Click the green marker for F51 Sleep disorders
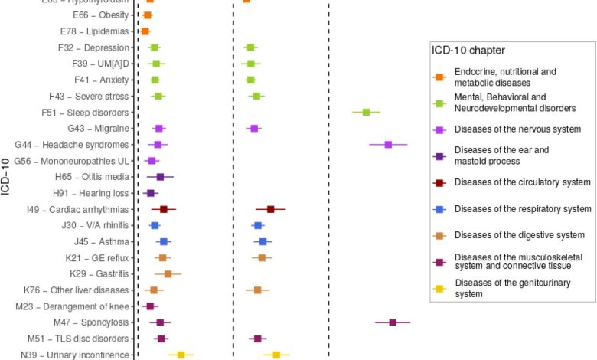(366, 113)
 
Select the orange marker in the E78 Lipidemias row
(145, 31)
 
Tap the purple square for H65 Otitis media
(160, 177)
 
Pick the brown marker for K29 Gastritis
(168, 273)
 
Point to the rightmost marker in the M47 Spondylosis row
(393, 322)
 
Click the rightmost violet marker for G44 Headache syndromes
(388, 145)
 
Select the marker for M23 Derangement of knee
(150, 306)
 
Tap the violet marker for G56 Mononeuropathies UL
(152, 161)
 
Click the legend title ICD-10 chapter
(467, 51)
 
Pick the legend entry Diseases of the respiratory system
(523, 208)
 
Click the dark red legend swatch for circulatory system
(439, 182)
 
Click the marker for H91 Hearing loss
(150, 193)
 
